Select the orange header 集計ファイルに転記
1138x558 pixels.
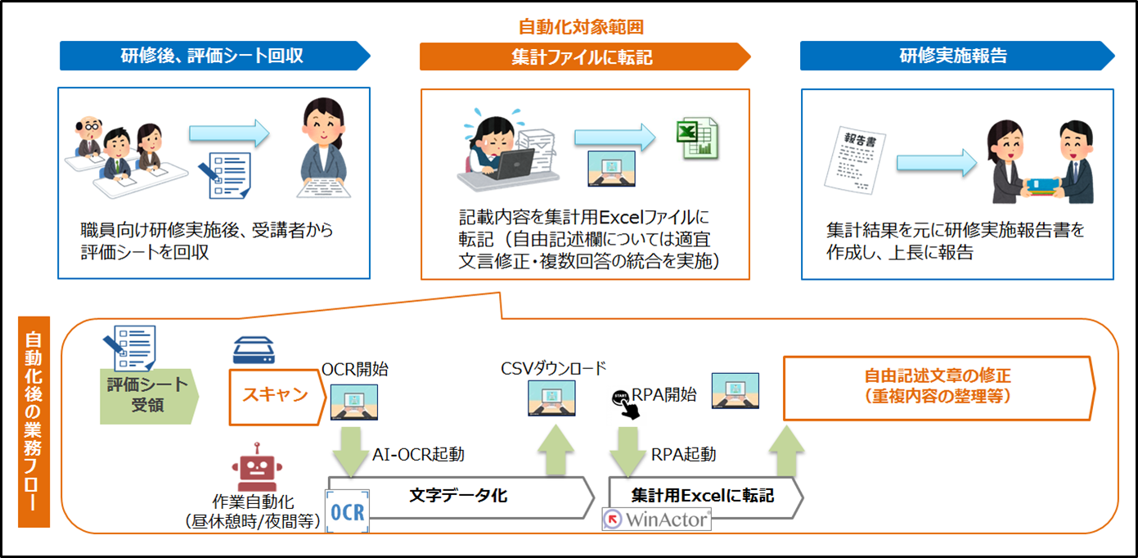click(585, 56)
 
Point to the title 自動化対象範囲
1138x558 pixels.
click(581, 26)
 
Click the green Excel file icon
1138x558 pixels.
click(698, 138)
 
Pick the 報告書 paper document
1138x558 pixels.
click(855, 160)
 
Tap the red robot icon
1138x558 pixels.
click(257, 467)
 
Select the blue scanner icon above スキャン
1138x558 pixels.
click(254, 350)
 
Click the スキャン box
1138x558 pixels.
click(277, 397)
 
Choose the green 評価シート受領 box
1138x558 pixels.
click(149, 396)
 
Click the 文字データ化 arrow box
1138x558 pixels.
click(460, 497)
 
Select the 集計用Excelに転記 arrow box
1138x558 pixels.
click(705, 497)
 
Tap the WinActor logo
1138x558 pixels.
click(656, 520)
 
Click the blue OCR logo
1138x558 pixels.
click(348, 511)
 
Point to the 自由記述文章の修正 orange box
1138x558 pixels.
click(939, 389)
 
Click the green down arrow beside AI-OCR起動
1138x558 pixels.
click(350, 452)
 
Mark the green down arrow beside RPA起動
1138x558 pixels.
click(628, 452)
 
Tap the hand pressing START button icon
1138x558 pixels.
click(625, 404)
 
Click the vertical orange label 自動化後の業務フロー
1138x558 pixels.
click(34, 422)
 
